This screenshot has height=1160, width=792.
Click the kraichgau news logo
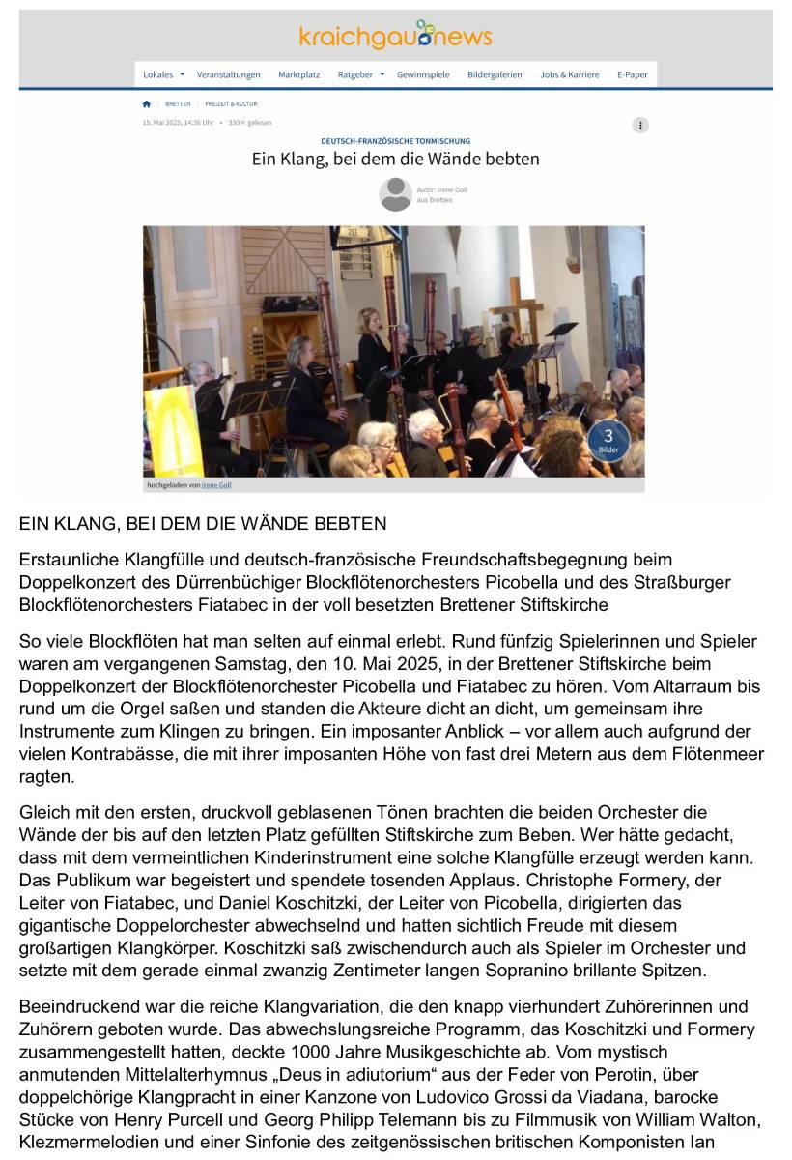tap(395, 36)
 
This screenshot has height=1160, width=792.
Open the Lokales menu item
tap(158, 74)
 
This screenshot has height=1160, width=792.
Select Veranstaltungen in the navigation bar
tap(229, 74)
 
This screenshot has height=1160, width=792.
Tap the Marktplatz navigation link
tap(298, 74)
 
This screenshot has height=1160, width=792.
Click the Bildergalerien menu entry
tap(495, 74)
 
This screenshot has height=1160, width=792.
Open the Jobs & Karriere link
tap(569, 74)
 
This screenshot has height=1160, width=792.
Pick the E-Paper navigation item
tap(633, 74)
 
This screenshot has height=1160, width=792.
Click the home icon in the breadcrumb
tap(147, 103)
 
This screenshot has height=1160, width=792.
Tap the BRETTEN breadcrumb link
tap(178, 103)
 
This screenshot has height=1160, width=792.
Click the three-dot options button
tap(640, 125)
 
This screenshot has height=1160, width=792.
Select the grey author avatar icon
tap(395, 194)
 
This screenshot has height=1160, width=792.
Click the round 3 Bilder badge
tap(608, 440)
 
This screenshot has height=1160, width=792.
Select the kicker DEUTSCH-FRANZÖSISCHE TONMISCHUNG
tap(395, 141)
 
